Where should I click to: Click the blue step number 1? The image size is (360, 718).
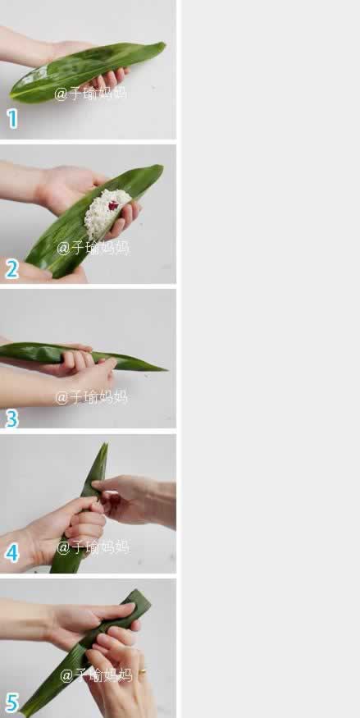11,119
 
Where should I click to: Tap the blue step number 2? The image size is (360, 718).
11,269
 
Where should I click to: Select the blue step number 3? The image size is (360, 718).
11,418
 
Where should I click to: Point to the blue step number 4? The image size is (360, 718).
11,553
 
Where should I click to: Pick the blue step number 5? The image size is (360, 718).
11,702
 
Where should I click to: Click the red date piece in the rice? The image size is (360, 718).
113,205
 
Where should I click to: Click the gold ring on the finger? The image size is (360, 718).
143,672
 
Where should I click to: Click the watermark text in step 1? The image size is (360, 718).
90,94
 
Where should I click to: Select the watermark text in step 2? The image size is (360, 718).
93,247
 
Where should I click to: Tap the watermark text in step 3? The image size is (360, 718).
91,397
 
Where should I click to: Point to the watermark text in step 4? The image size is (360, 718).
93,547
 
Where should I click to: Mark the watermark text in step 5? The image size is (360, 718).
95,675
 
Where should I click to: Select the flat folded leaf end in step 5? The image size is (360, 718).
139,596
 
